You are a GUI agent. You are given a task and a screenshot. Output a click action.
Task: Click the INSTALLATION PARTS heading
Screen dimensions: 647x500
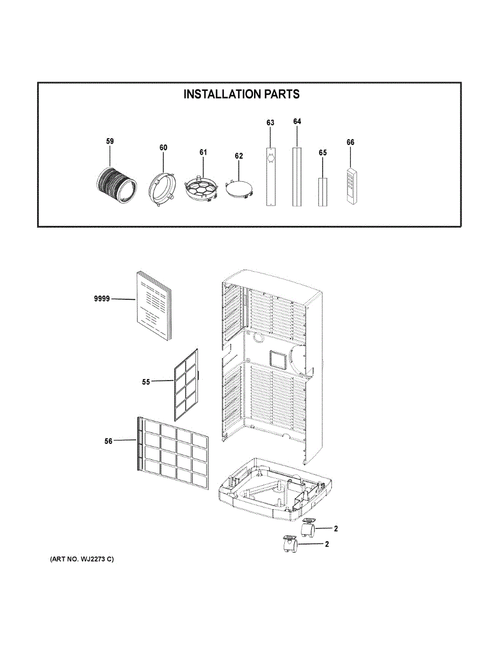[242, 94]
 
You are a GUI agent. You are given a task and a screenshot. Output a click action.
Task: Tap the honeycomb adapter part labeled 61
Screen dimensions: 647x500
[202, 189]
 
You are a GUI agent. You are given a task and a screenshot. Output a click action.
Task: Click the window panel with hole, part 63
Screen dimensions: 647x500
[270, 175]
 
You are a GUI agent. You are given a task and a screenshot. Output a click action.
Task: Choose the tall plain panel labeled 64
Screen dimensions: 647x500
[296, 176]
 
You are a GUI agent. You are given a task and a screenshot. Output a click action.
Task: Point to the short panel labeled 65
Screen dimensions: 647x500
[322, 192]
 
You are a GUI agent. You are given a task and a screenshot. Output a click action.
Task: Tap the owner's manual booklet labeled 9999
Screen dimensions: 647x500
[153, 305]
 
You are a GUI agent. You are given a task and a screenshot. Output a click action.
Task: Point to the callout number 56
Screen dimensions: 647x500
[108, 441]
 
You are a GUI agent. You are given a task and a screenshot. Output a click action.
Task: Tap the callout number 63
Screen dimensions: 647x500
[270, 123]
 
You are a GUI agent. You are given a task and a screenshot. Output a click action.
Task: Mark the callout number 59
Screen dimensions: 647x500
[109, 141]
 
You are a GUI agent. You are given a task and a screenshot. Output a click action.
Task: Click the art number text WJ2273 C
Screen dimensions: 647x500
[82, 559]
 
